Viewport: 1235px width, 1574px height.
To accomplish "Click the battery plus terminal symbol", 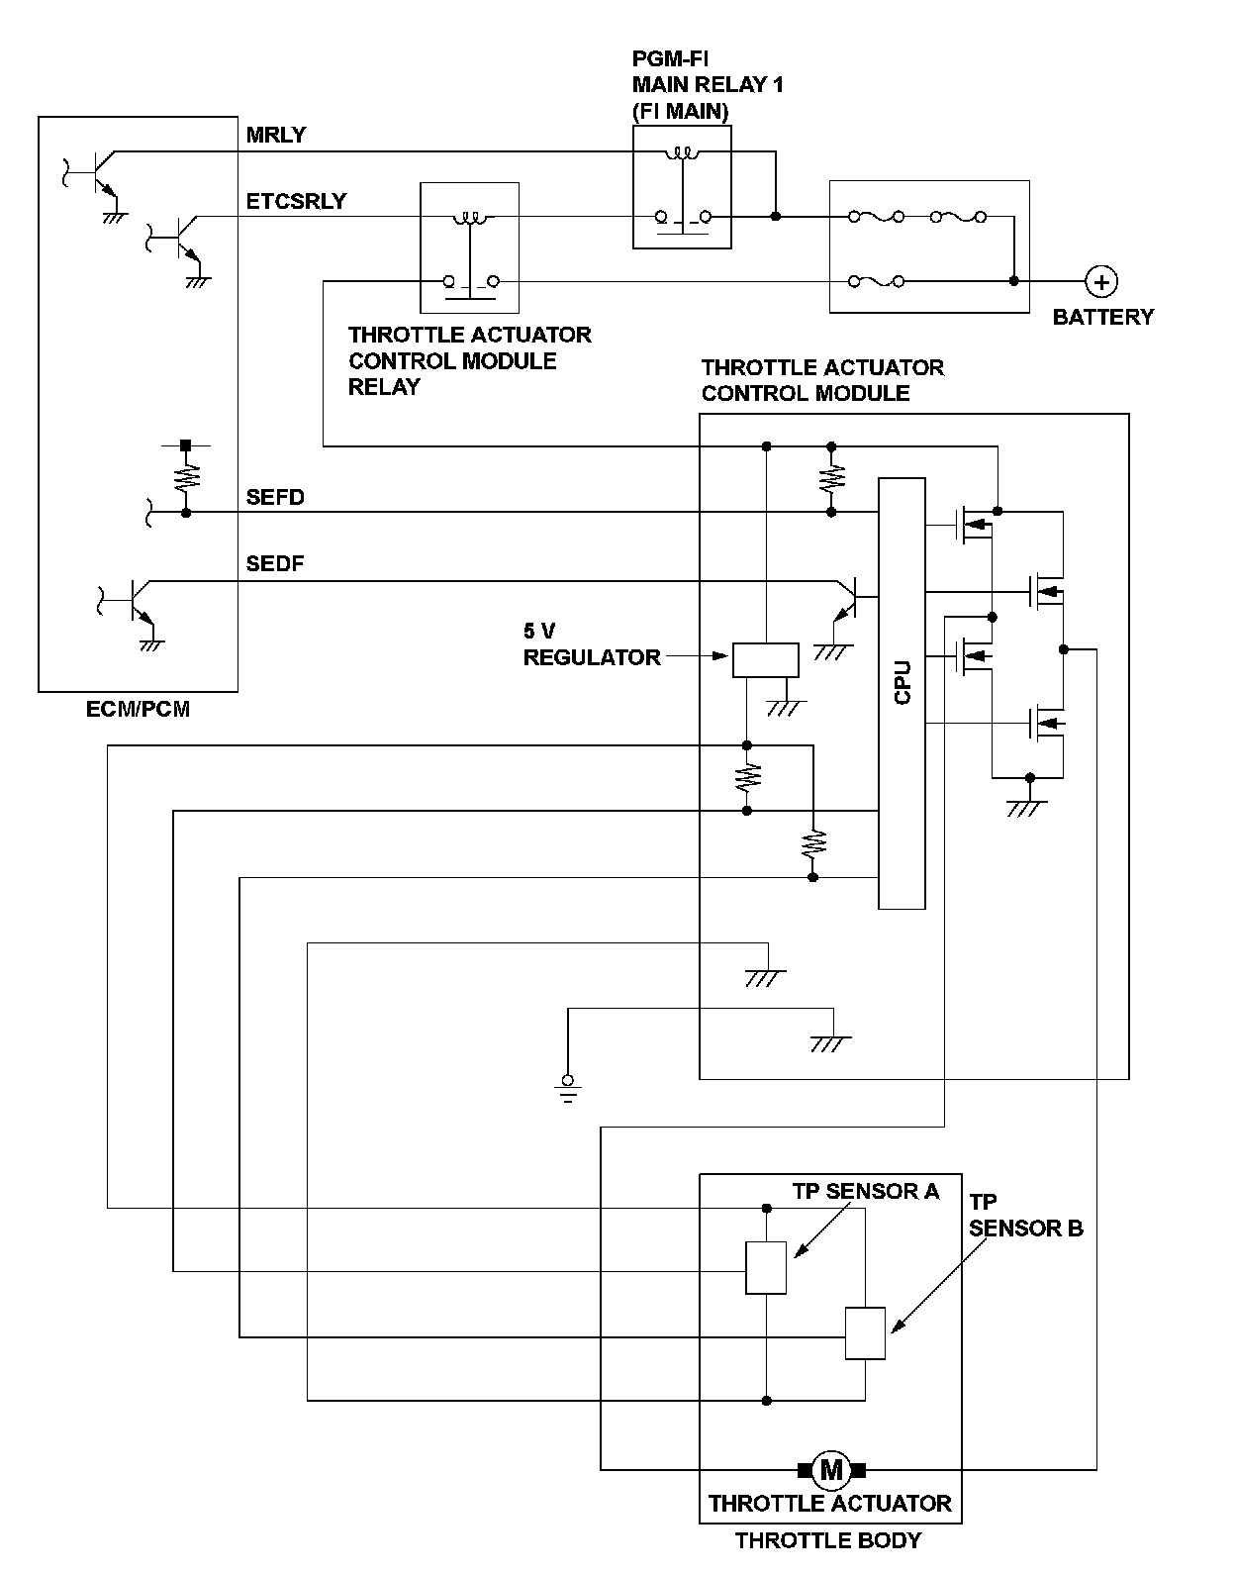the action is point(1101,281).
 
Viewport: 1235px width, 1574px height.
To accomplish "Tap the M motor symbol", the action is point(831,1470).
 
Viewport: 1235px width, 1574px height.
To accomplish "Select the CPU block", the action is point(902,693).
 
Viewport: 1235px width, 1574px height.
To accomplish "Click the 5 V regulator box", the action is point(765,660).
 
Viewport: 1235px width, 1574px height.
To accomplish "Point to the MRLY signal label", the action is point(276,135).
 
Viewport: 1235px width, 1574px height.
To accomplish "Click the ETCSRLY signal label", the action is point(296,201).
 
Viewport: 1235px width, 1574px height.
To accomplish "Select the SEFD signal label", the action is point(275,497).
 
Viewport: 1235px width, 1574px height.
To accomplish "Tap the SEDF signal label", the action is point(275,563).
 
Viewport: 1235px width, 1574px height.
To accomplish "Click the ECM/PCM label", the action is point(138,709).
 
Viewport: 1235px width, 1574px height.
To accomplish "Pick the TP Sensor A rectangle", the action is point(766,1267).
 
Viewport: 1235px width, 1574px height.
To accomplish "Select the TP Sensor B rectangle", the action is point(865,1333).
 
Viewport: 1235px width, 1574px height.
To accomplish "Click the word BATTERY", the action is point(1103,317).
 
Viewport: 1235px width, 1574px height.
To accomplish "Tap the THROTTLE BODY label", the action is point(828,1540).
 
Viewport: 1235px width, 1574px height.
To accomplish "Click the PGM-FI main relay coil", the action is point(682,152).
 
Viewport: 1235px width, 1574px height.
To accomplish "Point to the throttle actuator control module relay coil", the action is point(470,218).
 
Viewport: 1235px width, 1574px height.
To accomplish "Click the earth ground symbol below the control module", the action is point(568,1089).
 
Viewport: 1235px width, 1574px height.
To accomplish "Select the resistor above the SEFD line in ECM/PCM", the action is point(186,476).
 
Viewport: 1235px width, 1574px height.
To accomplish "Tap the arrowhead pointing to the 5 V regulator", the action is point(718,656).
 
